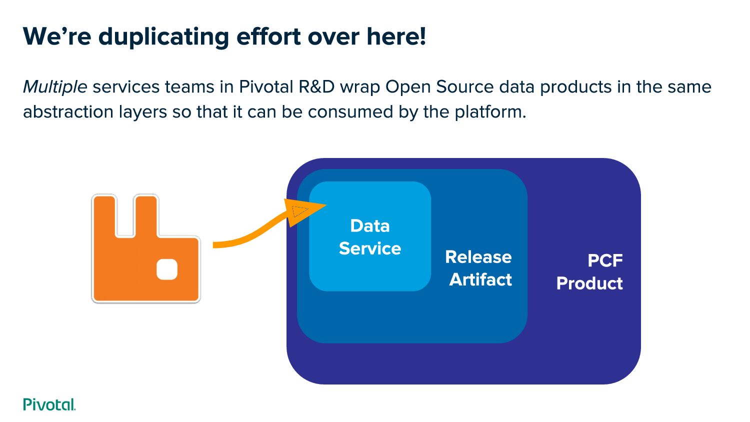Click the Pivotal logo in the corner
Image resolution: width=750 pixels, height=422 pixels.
click(x=49, y=404)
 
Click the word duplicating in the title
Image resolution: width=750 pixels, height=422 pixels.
click(x=163, y=37)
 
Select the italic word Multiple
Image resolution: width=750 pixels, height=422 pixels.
click(x=55, y=87)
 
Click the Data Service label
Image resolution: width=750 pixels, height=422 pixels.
click(x=370, y=237)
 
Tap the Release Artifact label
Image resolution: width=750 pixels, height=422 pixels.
click(x=479, y=268)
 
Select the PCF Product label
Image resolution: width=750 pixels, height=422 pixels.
click(x=590, y=272)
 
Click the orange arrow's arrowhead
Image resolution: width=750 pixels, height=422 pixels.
click(x=303, y=210)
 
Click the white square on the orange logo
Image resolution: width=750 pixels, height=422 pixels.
click(x=167, y=269)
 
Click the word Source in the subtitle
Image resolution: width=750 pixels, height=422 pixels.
click(x=464, y=87)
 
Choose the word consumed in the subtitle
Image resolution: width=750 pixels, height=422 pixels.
click(x=351, y=111)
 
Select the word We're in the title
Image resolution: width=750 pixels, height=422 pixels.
click(x=57, y=37)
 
